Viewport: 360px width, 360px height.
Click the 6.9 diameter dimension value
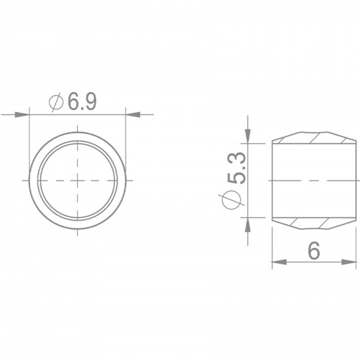[82, 101]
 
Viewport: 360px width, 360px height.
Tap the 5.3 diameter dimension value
[237, 168]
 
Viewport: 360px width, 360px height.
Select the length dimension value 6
[314, 251]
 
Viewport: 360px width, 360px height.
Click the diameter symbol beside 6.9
[56, 102]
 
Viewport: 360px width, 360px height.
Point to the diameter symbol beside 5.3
[232, 199]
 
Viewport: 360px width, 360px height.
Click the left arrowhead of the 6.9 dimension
[22, 115]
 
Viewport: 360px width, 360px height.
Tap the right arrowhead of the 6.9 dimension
[133, 115]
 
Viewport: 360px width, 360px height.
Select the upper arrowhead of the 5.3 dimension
[247, 136]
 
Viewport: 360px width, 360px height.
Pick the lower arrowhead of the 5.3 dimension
[247, 225]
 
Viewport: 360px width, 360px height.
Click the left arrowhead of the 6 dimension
[279, 262]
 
